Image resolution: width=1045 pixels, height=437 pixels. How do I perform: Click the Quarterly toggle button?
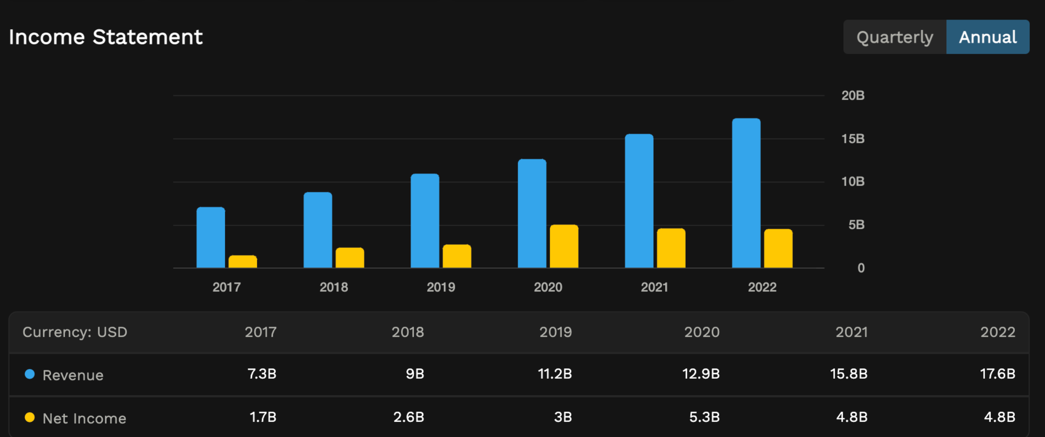(894, 37)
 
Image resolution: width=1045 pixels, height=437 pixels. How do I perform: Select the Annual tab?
(987, 37)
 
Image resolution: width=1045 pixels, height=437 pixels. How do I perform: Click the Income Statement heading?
(106, 37)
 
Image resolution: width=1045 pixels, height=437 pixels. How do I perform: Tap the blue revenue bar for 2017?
(211, 238)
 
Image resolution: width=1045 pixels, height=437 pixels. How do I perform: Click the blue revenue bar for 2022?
(746, 193)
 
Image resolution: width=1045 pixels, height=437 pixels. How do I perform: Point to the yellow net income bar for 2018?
(350, 258)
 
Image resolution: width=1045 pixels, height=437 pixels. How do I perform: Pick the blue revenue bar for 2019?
(425, 221)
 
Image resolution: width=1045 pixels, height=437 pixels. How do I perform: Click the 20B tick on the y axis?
(852, 95)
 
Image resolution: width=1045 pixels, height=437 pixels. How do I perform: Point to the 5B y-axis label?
(856, 225)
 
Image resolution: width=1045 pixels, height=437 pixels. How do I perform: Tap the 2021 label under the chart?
(654, 287)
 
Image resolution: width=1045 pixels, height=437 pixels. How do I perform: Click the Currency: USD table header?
(75, 332)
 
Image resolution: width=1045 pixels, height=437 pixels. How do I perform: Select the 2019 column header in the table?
(555, 332)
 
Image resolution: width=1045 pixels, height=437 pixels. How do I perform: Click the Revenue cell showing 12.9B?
(700, 374)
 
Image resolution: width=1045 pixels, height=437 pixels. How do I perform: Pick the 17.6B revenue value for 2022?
(997, 374)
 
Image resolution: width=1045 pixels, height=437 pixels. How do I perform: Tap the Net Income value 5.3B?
(704, 417)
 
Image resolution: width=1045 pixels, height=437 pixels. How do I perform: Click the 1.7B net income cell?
(263, 417)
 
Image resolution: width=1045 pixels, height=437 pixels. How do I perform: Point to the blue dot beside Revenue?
(30, 374)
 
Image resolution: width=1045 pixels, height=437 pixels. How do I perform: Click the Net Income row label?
(84, 418)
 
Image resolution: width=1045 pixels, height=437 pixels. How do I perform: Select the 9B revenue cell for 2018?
(414, 374)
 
